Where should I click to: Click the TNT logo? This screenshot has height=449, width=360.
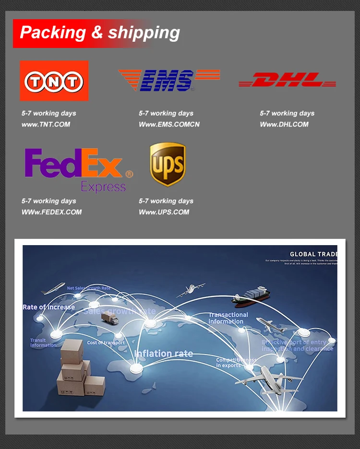(54, 81)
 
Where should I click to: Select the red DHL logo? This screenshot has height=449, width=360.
(287, 80)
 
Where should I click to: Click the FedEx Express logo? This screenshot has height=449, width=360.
(78, 169)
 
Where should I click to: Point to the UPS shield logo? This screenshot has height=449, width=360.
(168, 164)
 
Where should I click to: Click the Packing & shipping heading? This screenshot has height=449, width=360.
(100, 33)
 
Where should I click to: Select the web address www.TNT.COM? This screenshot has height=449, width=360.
(46, 124)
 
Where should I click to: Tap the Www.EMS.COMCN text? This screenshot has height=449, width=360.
(169, 124)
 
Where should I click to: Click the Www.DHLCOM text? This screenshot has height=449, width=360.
(284, 124)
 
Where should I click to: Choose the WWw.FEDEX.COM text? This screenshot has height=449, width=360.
(51, 212)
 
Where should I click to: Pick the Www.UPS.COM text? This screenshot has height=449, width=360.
(164, 212)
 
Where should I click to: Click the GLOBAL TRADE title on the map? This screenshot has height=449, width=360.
(313, 254)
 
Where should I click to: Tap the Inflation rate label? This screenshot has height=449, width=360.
(164, 354)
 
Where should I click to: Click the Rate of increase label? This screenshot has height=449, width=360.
(48, 307)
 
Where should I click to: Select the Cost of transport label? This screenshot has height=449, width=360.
(106, 343)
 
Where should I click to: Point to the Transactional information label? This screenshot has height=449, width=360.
(228, 318)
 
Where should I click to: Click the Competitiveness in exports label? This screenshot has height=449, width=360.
(236, 363)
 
